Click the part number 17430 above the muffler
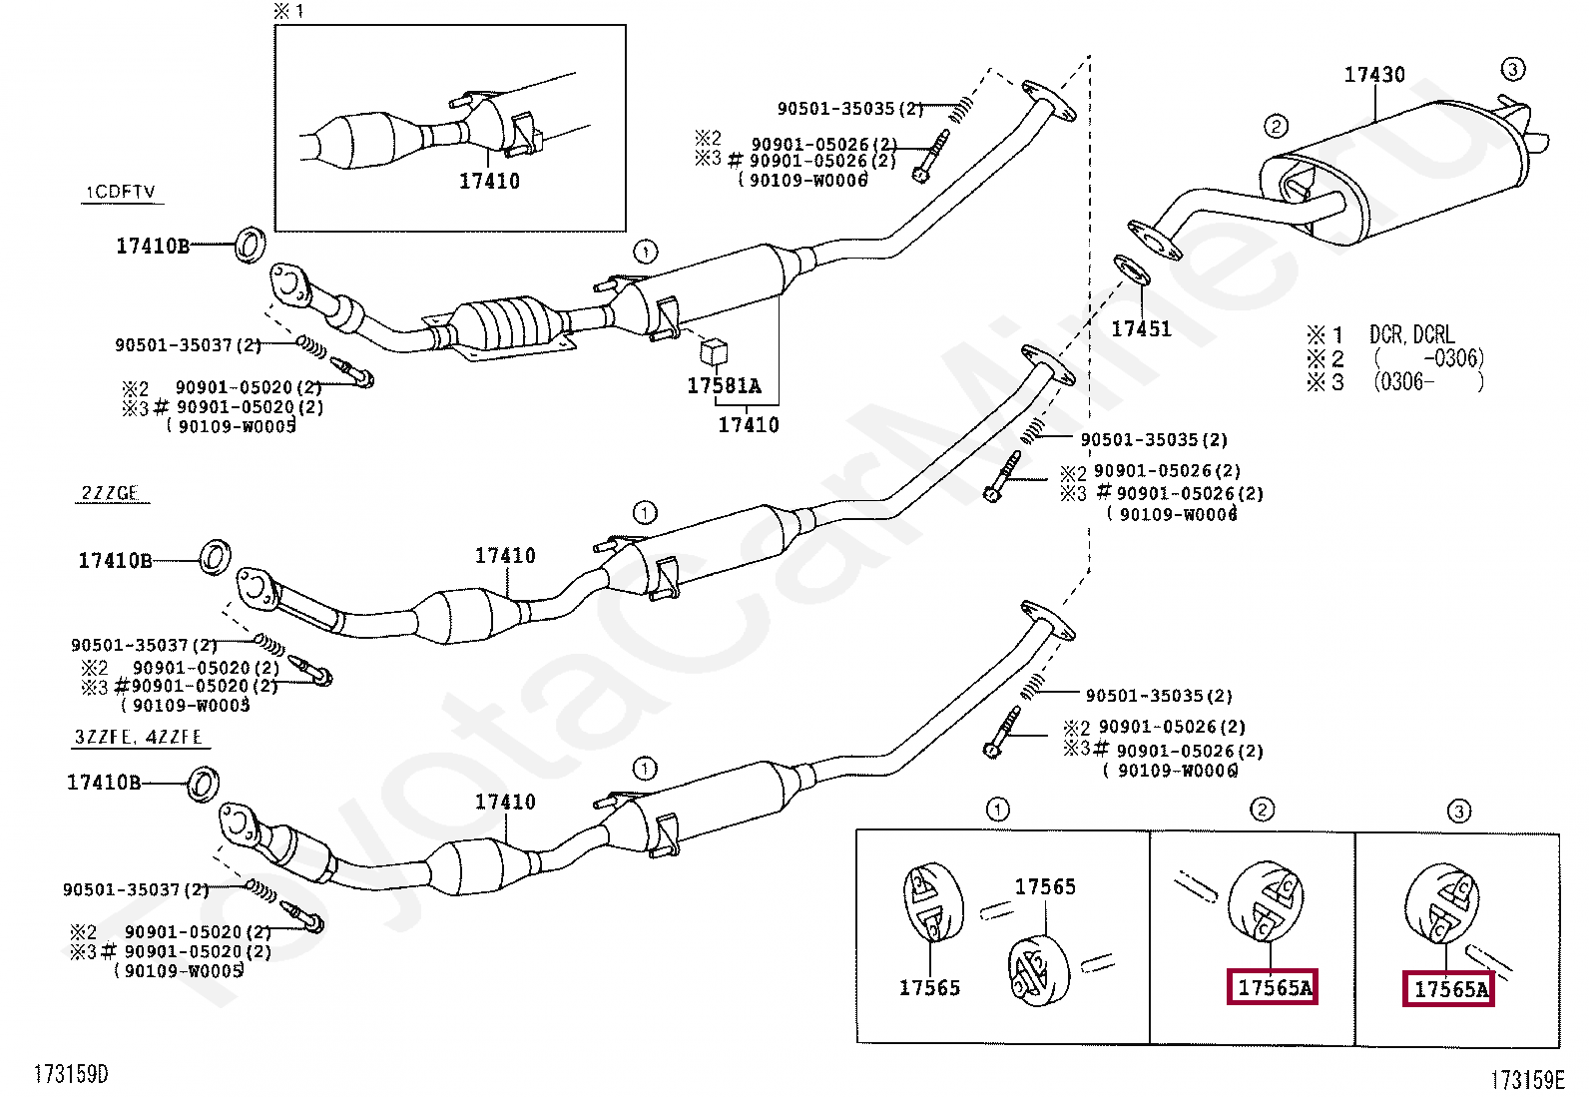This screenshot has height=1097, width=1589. pos(1373,75)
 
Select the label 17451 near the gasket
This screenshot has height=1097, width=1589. pos(1141,328)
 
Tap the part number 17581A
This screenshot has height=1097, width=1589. pos(724,385)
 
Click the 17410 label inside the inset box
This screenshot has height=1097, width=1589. pos(489,181)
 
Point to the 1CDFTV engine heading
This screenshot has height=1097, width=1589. pos(120,192)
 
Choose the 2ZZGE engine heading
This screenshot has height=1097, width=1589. pos(110,493)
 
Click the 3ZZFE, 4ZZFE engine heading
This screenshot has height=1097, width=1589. pos(139,738)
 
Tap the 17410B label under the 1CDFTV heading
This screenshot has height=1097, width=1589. pos(152,246)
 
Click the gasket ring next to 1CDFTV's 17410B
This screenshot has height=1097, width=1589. pos(250,245)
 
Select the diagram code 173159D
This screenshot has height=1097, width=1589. pos(71,1074)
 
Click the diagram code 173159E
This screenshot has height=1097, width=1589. pos(1527,1079)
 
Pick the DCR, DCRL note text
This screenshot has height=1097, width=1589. pos(1411,334)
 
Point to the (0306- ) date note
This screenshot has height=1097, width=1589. pos(1427,381)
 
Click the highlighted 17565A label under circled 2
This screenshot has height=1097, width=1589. pos(1273,987)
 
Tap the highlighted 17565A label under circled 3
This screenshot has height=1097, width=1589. pos(1449,989)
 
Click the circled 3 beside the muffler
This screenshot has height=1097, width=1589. pos(1512,69)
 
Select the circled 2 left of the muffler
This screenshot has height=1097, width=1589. pos(1276,126)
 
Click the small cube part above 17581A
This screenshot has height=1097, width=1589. pos(714,351)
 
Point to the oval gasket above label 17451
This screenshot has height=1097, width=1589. pos(1131,271)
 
